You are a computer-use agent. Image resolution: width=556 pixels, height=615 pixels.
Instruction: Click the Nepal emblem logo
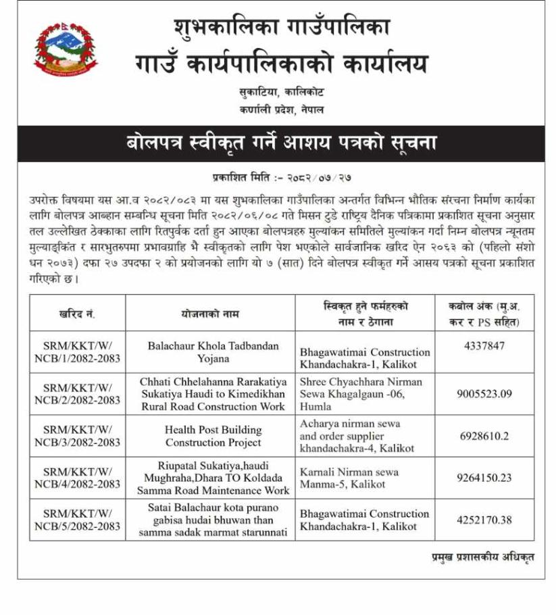pos(66,49)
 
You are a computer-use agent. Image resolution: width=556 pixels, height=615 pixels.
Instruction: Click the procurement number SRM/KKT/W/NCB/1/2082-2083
pos(77,352)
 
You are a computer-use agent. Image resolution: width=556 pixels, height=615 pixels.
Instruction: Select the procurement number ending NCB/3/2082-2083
pos(77,436)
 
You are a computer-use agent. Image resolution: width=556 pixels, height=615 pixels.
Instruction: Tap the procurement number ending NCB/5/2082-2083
pos(77,520)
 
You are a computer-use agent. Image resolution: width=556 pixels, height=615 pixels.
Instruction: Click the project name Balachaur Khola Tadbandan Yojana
pos(213,352)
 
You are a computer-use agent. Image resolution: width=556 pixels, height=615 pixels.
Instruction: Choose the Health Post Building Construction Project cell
pos(213,436)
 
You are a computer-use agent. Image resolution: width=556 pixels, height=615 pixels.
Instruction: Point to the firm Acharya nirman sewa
pos(350,424)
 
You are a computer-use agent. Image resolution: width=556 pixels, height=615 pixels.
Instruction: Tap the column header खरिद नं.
pos(77,314)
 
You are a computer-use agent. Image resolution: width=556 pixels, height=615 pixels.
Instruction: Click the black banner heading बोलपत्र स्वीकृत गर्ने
pos(281,143)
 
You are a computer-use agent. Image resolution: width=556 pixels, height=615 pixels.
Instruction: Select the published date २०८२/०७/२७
pos(323,177)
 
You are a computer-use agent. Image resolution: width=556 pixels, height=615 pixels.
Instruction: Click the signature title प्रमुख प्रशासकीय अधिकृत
pos(483,556)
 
